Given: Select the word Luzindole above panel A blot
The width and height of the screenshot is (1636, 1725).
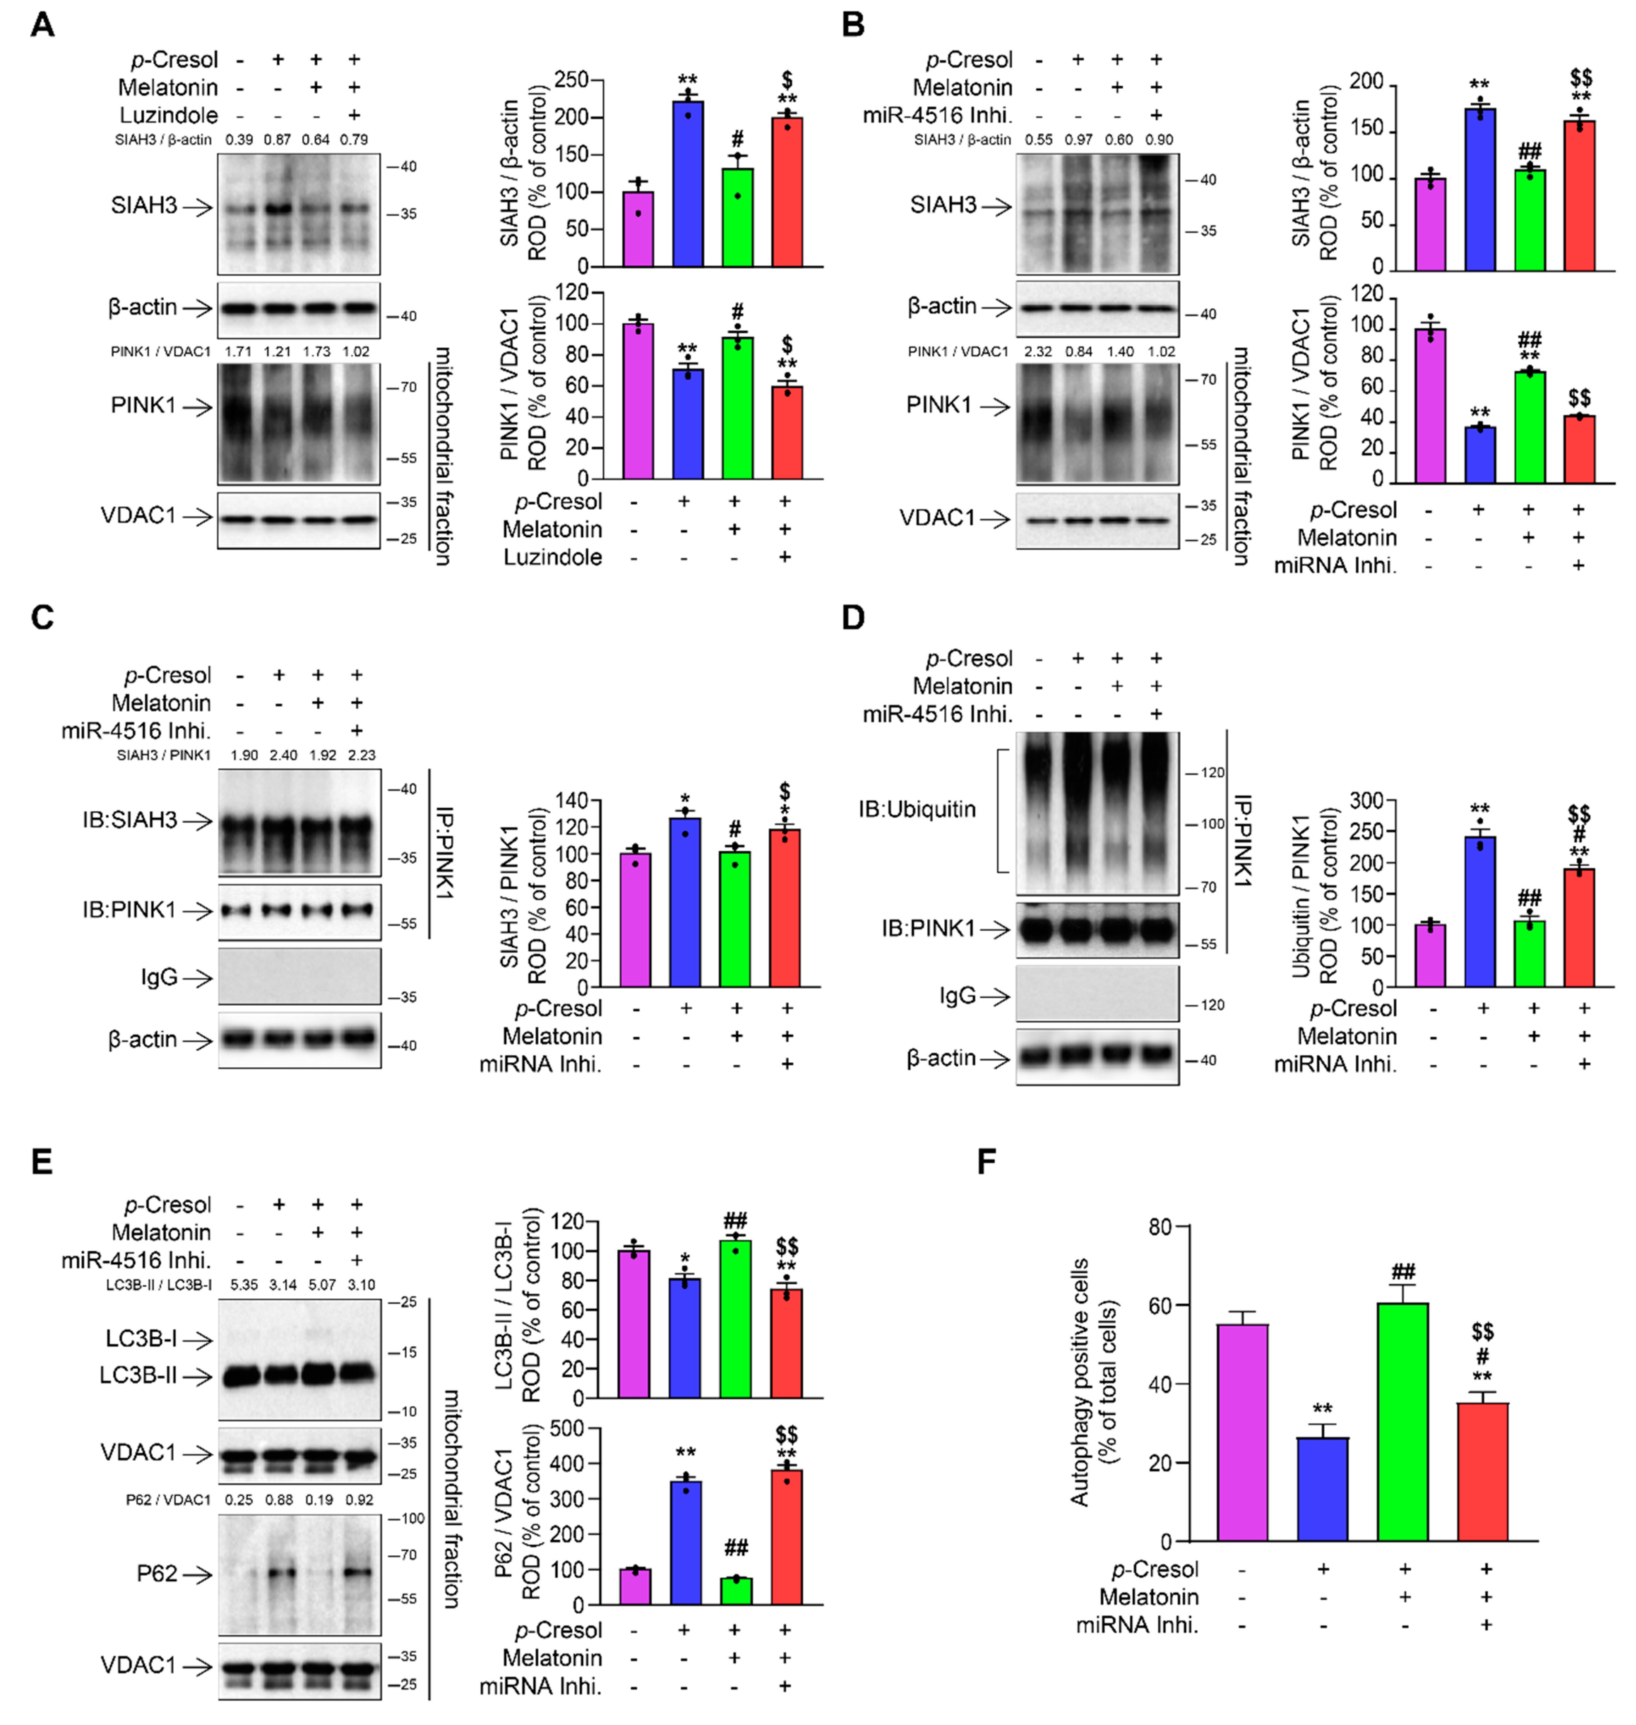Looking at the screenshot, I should coord(169,115).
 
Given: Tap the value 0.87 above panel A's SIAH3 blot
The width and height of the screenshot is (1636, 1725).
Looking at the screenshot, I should coord(277,140).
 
